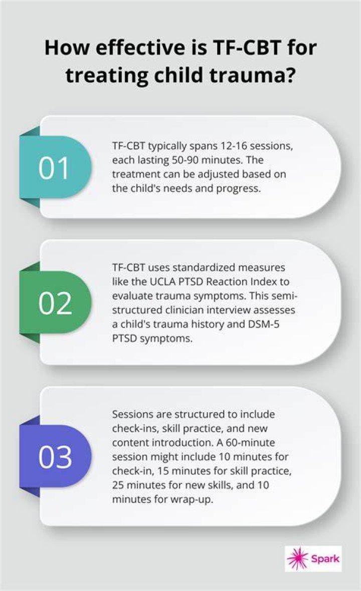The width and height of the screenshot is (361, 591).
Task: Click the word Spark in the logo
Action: pyautogui.click(x=325, y=559)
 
